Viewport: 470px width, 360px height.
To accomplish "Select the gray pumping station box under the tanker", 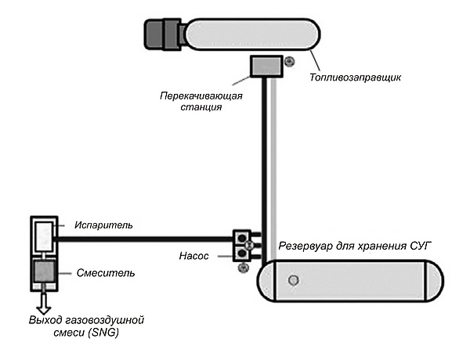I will coord(263,67).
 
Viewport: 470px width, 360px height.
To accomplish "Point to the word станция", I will coord(199,108).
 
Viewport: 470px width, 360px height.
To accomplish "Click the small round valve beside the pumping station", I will coord(289,61).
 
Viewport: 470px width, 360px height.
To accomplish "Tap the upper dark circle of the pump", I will coord(241,237).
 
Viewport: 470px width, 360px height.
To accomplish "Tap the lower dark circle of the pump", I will coord(241,252).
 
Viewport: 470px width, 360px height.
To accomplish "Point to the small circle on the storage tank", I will coord(294,279).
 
